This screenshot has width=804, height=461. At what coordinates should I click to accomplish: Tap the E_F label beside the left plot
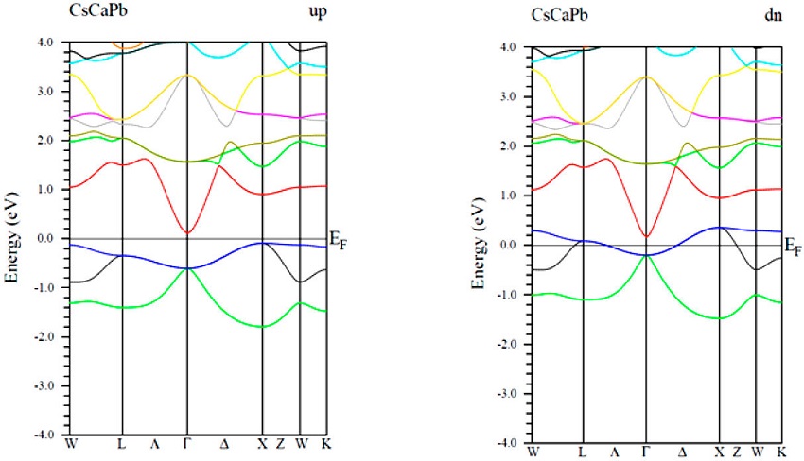pyautogui.click(x=337, y=243)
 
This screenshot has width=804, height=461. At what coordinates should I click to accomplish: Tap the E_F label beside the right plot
pyautogui.click(x=795, y=248)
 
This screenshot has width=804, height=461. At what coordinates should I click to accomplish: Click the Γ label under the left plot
pyautogui.click(x=187, y=443)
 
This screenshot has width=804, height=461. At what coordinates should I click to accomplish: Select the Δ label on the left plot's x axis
pyautogui.click(x=224, y=443)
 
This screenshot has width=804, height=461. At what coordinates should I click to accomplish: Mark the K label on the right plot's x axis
pyautogui.click(x=782, y=451)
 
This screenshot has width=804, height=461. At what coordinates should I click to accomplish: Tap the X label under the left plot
pyautogui.click(x=262, y=443)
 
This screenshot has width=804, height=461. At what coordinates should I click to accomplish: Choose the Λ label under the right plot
pyautogui.click(x=615, y=451)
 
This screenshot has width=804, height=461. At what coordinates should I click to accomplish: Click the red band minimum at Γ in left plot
pyautogui.click(x=187, y=232)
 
